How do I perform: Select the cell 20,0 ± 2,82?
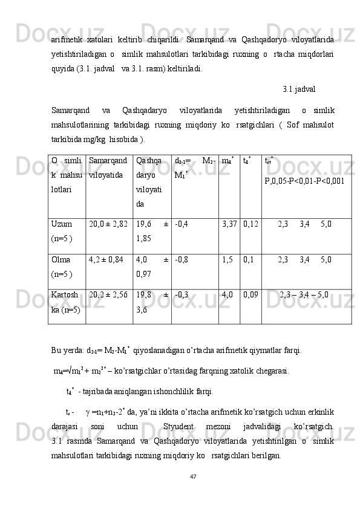108,224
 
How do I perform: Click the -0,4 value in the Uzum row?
181,224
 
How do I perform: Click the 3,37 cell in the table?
229,224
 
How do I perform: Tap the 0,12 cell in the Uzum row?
251,224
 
